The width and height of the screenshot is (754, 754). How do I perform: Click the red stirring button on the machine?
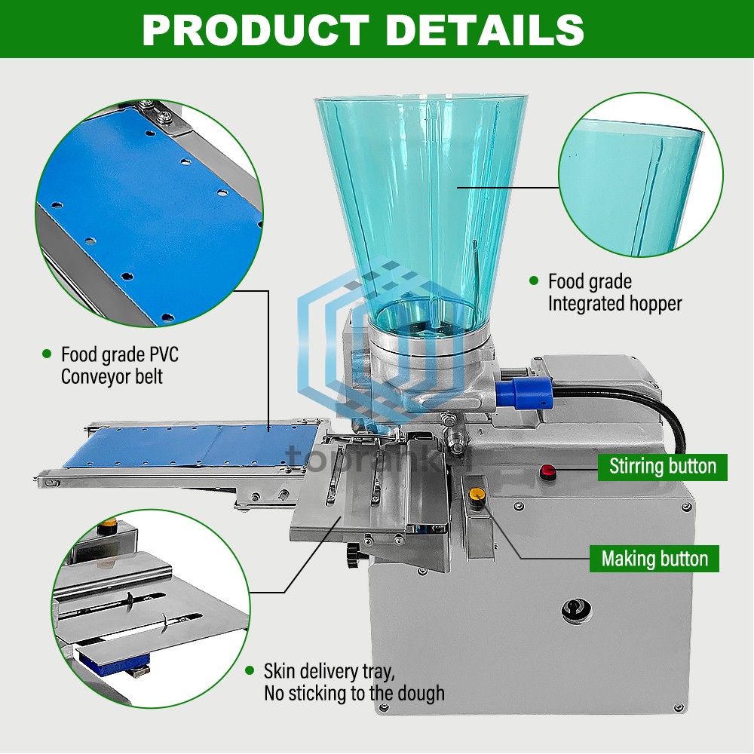(548, 473)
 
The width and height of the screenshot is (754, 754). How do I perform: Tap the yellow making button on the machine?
(476, 495)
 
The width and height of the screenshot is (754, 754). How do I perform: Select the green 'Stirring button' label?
(662, 466)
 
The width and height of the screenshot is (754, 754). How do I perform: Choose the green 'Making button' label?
(654, 559)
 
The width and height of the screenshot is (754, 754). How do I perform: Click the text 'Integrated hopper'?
(615, 304)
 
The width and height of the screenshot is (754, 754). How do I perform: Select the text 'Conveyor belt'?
(112, 375)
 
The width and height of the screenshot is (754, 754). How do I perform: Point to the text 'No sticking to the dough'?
(354, 693)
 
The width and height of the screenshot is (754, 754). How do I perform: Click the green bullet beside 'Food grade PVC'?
(47, 353)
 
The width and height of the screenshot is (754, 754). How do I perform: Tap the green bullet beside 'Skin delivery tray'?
(250, 670)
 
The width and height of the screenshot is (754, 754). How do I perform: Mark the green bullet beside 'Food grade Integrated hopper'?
(534, 281)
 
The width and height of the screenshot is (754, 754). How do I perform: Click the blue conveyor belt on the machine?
(188, 447)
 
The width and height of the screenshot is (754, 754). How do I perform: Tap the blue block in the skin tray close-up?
(110, 662)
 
